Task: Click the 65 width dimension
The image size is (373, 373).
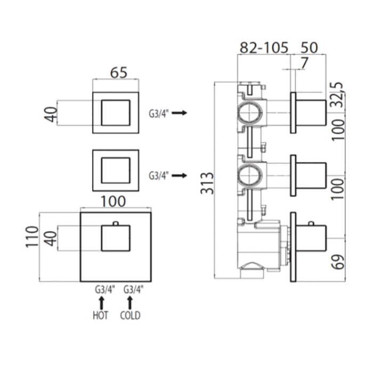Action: (118, 73)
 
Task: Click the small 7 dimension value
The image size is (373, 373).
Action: (304, 63)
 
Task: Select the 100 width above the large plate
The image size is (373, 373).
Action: (112, 202)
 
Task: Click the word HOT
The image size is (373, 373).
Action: (100, 315)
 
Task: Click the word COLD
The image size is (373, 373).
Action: (129, 315)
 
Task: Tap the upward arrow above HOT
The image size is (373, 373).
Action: (101, 302)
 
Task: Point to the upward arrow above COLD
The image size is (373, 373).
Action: (128, 302)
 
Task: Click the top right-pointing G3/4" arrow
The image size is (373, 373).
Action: (180, 113)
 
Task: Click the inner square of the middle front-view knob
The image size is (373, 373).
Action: (115, 171)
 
